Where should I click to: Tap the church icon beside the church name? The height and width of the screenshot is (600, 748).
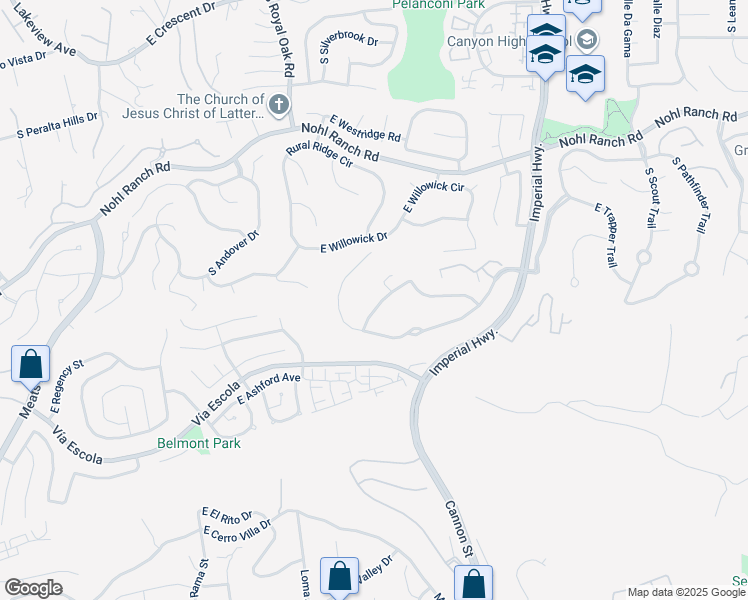pyautogui.click(x=279, y=104)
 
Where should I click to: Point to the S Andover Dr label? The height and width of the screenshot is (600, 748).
pyautogui.click(x=234, y=253)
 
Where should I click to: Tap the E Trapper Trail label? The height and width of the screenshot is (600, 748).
pyautogui.click(x=605, y=235)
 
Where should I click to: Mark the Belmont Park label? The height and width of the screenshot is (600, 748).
pyautogui.click(x=198, y=443)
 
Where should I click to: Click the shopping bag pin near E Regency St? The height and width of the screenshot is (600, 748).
pyautogui.click(x=30, y=364)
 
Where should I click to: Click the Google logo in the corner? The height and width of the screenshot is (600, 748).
pyautogui.click(x=33, y=588)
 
